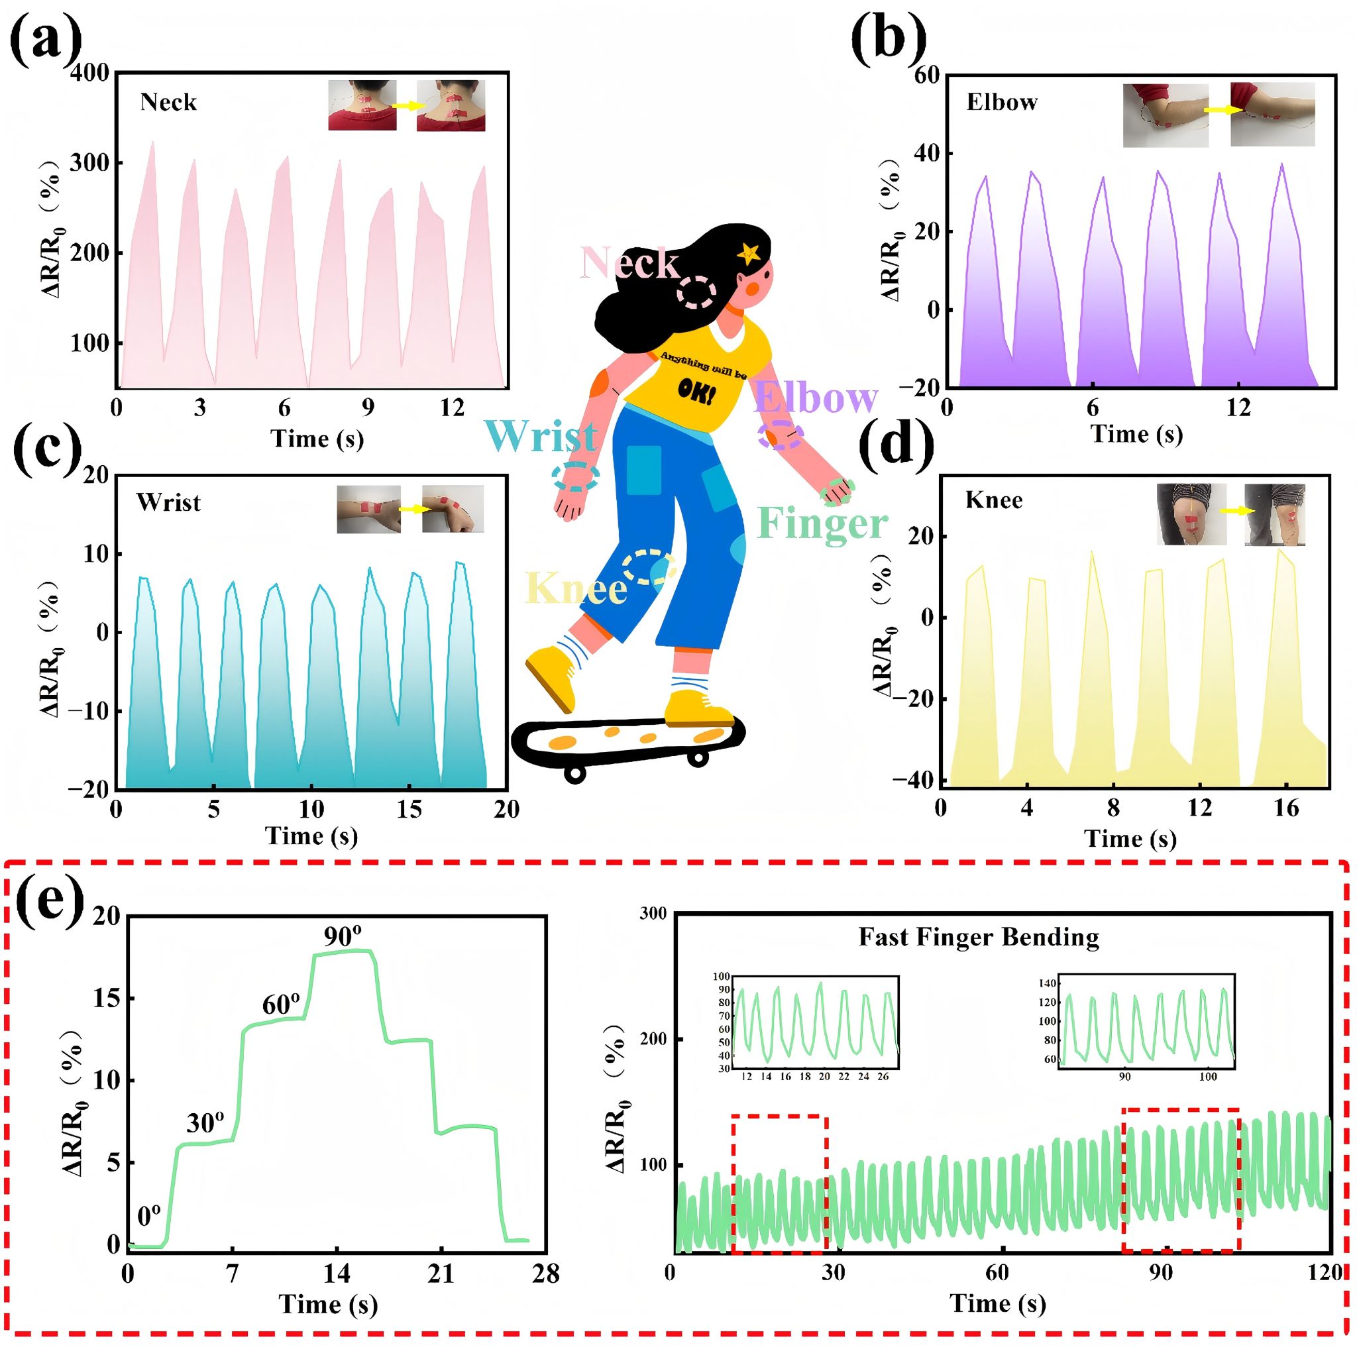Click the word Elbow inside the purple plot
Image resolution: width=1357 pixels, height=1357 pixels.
click(1002, 103)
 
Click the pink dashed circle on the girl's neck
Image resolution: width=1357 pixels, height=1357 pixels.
click(697, 292)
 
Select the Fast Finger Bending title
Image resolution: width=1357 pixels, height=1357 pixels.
click(979, 937)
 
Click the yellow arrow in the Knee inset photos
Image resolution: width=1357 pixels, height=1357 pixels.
click(1236, 512)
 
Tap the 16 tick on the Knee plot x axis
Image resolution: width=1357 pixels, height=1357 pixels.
click(1286, 808)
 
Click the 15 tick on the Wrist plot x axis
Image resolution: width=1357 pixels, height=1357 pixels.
click(409, 809)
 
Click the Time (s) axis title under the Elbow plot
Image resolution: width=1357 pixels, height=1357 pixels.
click(1136, 434)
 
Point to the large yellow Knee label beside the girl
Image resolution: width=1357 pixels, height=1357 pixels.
click(576, 588)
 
